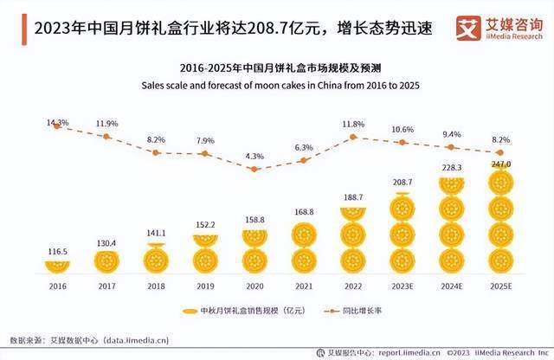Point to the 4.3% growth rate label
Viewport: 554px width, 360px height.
click(x=254, y=156)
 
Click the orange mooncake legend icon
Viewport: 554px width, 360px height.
click(x=190, y=310)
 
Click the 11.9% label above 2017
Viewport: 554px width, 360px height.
click(x=107, y=123)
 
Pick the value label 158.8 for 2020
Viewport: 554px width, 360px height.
click(x=254, y=221)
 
